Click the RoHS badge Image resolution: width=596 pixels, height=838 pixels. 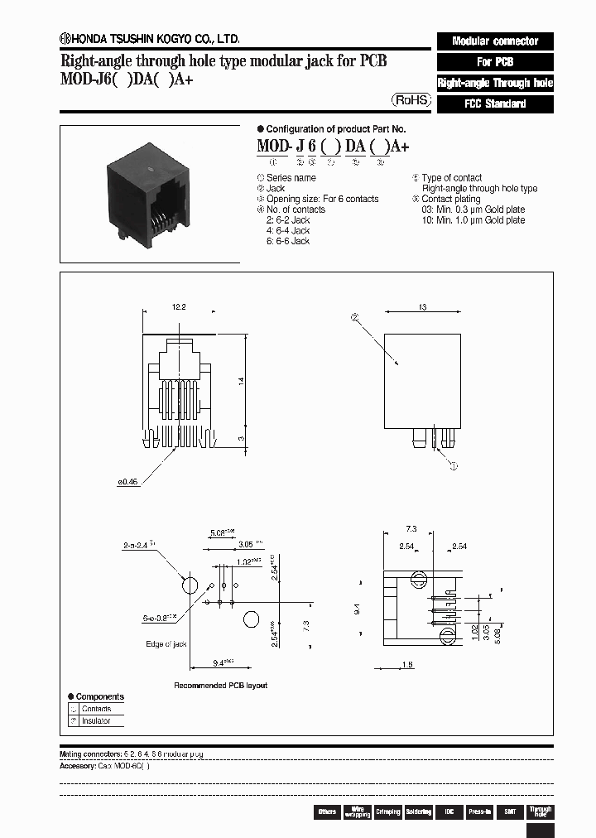(411, 99)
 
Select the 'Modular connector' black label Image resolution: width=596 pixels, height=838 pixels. (494, 41)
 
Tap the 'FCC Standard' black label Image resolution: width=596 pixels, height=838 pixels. (494, 104)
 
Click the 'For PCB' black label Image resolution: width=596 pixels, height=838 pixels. (494, 62)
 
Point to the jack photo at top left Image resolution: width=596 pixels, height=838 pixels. (149, 195)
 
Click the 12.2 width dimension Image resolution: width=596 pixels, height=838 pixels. (179, 307)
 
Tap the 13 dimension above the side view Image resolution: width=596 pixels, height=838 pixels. (421, 307)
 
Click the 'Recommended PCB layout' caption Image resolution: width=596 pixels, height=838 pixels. (220, 686)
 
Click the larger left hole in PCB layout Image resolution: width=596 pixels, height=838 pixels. (190, 585)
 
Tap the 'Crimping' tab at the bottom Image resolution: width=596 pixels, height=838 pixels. (387, 812)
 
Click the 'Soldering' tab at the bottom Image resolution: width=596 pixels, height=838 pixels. (418, 812)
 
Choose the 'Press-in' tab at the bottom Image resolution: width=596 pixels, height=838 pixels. (478, 812)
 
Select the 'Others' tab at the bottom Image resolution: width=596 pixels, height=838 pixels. (327, 812)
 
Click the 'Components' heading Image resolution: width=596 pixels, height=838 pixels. (99, 697)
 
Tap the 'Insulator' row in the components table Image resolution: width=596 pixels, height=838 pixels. (96, 721)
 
